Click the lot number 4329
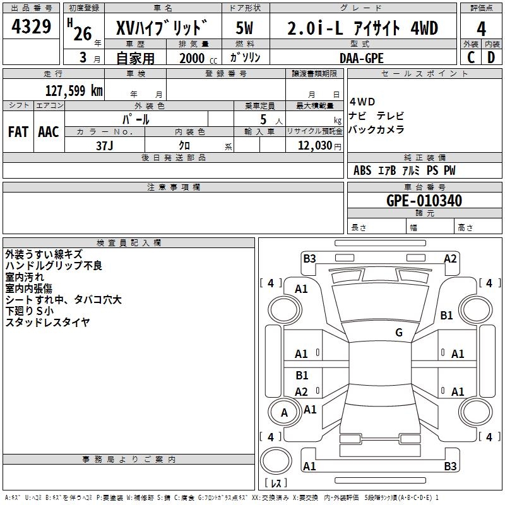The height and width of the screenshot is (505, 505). [x=31, y=27]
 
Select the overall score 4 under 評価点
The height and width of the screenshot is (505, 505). [x=481, y=28]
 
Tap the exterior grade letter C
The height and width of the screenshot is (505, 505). [x=471, y=57]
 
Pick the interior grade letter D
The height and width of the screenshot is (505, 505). [x=491, y=57]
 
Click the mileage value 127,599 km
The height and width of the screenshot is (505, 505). [x=74, y=91]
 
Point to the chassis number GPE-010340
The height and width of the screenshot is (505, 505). [x=424, y=201]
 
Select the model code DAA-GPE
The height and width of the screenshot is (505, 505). [x=361, y=58]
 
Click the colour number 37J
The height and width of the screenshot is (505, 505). [x=105, y=146]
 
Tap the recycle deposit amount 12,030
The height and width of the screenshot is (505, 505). [x=315, y=146]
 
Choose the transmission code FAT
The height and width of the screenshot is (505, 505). [x=18, y=132]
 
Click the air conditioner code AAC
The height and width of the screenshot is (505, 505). [x=49, y=132]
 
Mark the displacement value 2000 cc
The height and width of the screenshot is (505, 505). [x=198, y=59]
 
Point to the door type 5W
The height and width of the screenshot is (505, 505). [x=244, y=28]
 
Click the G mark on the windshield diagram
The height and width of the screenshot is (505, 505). [x=399, y=332]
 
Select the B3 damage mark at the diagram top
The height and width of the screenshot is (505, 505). [x=309, y=259]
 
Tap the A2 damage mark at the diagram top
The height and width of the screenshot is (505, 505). [x=450, y=259]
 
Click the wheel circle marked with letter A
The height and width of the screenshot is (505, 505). [x=284, y=412]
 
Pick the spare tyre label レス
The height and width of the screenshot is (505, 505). [x=276, y=483]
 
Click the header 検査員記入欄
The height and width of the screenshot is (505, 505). [x=129, y=243]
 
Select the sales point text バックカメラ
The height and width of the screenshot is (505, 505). [x=376, y=129]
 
